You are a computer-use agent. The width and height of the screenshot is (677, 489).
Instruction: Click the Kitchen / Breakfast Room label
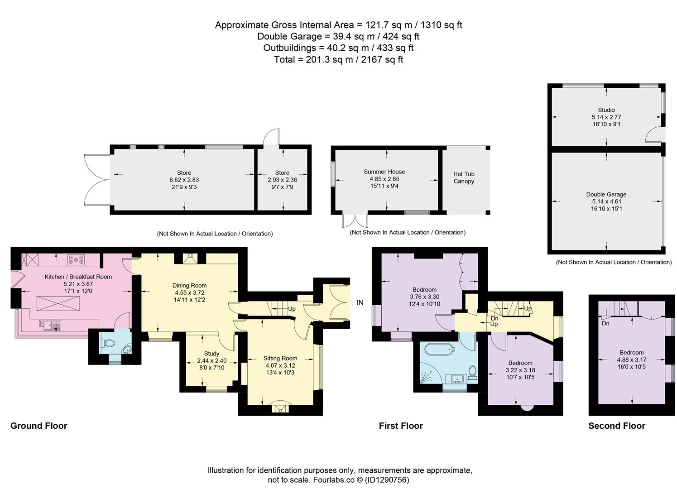coord(78,277)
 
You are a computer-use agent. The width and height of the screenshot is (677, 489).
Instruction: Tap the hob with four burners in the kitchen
coord(76,259)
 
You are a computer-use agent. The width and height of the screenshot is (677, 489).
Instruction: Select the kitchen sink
coord(50,325)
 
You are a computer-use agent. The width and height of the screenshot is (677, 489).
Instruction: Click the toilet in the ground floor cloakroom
coord(109,343)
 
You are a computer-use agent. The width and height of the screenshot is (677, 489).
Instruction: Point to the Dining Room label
coord(189,285)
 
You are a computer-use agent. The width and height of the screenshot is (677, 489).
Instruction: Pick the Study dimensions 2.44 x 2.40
coord(211,360)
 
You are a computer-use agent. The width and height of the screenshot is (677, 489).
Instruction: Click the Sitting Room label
coord(280,358)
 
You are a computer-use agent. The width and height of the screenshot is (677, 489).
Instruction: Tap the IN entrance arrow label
coord(356,302)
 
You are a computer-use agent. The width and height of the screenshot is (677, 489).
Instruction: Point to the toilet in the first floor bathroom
coord(472,373)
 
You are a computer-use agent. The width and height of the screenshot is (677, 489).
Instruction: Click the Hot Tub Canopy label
coord(464,177)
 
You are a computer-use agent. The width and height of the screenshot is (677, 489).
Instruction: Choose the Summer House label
coord(384,172)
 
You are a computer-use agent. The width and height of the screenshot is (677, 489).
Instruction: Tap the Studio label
coord(606,110)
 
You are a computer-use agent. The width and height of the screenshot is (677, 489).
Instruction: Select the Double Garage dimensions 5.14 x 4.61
coord(606,201)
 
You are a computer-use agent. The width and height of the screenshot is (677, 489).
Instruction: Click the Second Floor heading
coord(617,426)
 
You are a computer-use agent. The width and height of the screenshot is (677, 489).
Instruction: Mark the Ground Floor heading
coord(38,426)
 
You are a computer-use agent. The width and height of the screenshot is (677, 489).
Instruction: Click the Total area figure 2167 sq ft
coord(382,59)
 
